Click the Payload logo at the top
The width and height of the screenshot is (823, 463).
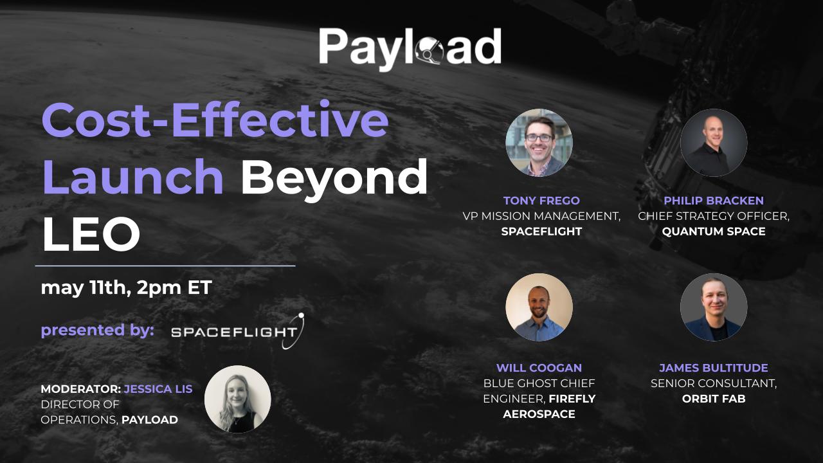tap(410, 47)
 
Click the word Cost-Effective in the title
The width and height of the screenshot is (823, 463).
tap(215, 120)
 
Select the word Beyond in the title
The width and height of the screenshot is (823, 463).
tap(334, 176)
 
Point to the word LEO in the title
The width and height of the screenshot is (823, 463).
tap(91, 234)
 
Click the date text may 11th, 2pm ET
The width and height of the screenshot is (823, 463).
tap(126, 287)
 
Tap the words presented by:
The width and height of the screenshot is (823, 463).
tap(97, 331)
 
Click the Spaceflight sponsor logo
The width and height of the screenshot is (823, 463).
tap(237, 332)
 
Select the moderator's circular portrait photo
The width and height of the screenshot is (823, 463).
tap(237, 399)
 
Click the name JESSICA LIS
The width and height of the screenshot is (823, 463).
tap(158, 389)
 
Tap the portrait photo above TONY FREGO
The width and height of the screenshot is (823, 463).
tap(539, 143)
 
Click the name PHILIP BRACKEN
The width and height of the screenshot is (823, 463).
tap(714, 201)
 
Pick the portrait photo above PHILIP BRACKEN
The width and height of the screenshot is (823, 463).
tap(714, 143)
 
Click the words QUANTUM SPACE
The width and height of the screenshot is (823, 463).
tap(714, 232)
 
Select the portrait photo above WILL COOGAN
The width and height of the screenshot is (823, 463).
tap(539, 307)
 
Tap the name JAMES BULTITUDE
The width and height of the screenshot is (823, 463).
tap(714, 368)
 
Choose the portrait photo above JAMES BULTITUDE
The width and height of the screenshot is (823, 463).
tap(714, 307)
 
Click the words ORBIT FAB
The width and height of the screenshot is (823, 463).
tap(714, 399)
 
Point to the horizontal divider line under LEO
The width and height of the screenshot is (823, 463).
tap(165, 265)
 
